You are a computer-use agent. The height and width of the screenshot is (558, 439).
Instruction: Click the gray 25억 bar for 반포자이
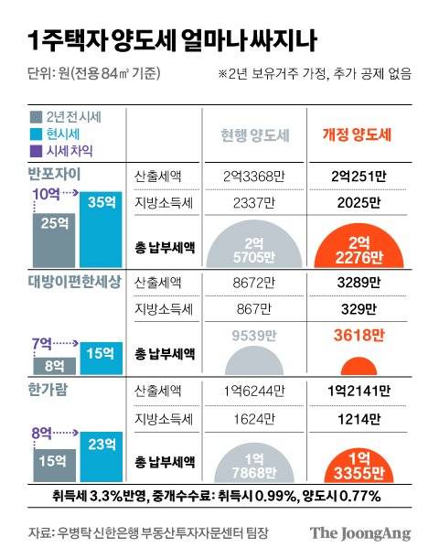pos(53,233)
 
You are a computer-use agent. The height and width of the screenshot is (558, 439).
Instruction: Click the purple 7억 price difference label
pos(44,343)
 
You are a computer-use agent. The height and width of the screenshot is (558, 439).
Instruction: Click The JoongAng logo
pos(359,533)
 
